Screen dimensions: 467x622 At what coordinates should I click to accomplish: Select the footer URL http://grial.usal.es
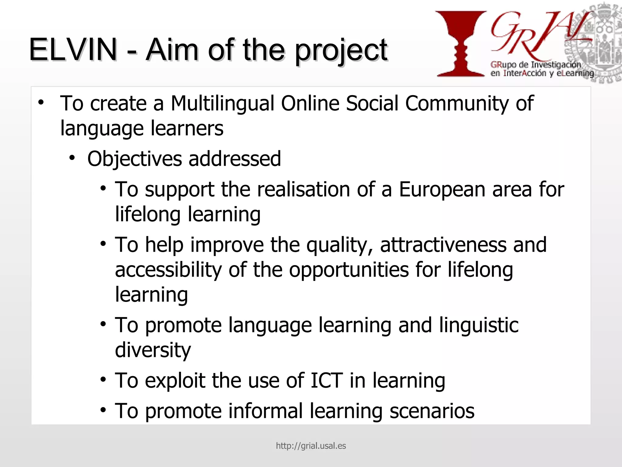[311, 446]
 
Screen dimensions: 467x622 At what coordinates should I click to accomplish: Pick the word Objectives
[135, 159]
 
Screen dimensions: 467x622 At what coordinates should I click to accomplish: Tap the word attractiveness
[443, 245]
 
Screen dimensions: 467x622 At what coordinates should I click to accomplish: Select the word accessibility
[168, 270]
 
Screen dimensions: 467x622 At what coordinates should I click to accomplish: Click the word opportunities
[349, 270]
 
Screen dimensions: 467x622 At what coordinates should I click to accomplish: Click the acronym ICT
[326, 380]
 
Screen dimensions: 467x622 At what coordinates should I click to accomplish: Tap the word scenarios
[432, 411]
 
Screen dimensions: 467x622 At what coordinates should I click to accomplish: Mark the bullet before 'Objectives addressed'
[72, 158]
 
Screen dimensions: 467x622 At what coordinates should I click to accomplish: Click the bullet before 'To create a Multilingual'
[41, 102]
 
